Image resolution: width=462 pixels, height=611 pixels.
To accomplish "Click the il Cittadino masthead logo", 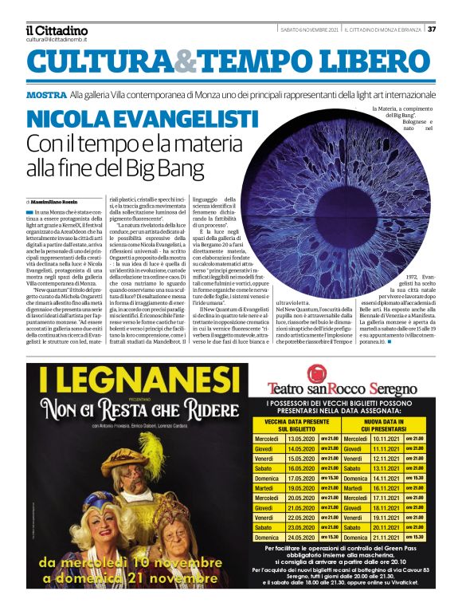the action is pyautogui.click(x=56, y=30).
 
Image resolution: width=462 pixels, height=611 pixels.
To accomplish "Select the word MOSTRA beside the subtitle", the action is pyautogui.click(x=45, y=95).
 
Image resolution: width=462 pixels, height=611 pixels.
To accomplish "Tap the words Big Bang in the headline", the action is pyautogui.click(x=195, y=169).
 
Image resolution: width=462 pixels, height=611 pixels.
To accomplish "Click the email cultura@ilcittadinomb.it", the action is pyautogui.click(x=56, y=39).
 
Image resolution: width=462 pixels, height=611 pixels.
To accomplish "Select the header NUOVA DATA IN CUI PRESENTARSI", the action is pyautogui.click(x=386, y=425).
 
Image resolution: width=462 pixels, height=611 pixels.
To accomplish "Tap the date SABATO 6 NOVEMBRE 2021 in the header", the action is pyautogui.click(x=309, y=30).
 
